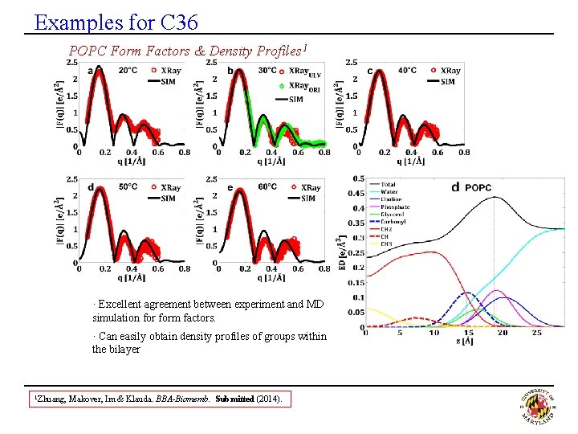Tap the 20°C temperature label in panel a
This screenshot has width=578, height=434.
tap(128, 71)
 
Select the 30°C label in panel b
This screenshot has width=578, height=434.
tap(267, 71)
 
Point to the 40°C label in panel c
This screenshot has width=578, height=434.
tap(407, 71)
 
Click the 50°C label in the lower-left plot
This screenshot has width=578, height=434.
tap(128, 187)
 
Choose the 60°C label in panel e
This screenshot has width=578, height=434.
tap(267, 187)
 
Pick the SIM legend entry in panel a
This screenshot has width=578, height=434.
tap(169, 81)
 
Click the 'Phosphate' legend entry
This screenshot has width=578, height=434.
tap(395, 207)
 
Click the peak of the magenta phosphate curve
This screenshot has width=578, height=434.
tap(496, 291)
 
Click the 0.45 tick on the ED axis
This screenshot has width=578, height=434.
tap(355, 194)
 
